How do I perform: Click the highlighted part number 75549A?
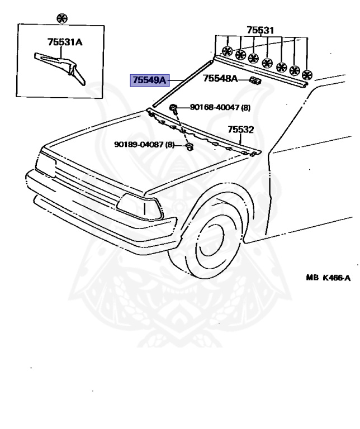[x=149, y=80]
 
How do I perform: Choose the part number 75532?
[x=241, y=130]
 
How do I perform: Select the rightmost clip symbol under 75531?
[x=306, y=75]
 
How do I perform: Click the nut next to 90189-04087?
[x=188, y=147]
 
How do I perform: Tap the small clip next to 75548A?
[x=255, y=81]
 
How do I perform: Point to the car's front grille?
[x=84, y=179]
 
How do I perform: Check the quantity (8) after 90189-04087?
[x=170, y=144]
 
